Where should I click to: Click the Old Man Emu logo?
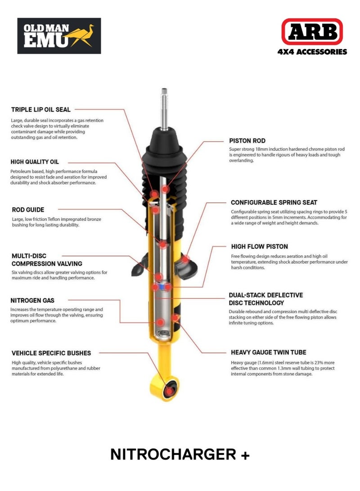click(58, 36)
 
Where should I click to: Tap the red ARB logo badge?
click(312, 32)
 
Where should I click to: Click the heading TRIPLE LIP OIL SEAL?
click(40, 109)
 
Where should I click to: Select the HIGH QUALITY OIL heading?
click(35, 162)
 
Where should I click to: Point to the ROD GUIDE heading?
click(27, 209)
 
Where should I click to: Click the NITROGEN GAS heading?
click(33, 300)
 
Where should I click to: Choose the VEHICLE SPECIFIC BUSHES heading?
click(51, 353)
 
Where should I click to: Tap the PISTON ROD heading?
click(247, 141)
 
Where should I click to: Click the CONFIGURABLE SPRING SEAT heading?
click(274, 203)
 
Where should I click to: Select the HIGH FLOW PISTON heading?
click(259, 247)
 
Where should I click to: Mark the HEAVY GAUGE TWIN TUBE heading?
click(269, 353)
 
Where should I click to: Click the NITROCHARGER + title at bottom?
click(180, 455)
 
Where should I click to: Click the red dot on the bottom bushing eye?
click(170, 391)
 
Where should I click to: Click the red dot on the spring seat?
click(185, 259)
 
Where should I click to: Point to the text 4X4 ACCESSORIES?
click(312, 52)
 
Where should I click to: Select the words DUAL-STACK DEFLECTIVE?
click(265, 295)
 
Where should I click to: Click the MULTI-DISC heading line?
click(29, 256)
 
